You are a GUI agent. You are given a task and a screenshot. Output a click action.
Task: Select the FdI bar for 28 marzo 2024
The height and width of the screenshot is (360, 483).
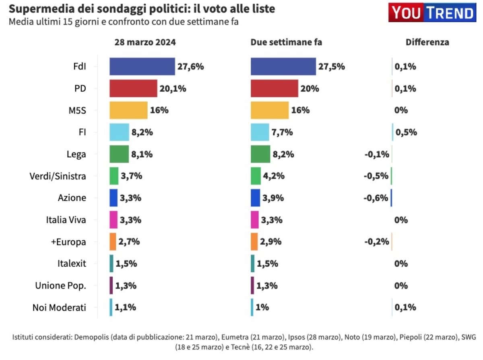pyautogui.click(x=142, y=66)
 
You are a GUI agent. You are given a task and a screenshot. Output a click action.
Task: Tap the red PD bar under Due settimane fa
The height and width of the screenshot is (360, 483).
pyautogui.click(x=274, y=88)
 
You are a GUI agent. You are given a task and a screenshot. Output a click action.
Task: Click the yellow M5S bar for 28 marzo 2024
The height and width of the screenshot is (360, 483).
pyautogui.click(x=128, y=110)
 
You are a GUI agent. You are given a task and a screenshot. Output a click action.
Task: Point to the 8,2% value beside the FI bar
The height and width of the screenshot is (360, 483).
pyautogui.click(x=142, y=132)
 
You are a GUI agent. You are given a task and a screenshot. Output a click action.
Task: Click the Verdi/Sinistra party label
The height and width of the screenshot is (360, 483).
pyautogui.click(x=58, y=176)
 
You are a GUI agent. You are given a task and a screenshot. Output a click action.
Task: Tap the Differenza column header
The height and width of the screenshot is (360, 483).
pyautogui.click(x=427, y=42)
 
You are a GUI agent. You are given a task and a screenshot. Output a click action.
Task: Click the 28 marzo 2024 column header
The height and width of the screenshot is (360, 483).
pyautogui.click(x=145, y=42)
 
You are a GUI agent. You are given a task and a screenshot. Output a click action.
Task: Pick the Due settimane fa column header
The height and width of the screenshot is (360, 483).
pyautogui.click(x=286, y=42)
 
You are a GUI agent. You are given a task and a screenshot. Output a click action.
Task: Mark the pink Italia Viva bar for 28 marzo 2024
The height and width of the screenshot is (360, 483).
pyautogui.click(x=114, y=220)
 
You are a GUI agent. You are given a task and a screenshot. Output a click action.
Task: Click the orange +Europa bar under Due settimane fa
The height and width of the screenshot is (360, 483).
pyautogui.click(x=254, y=242)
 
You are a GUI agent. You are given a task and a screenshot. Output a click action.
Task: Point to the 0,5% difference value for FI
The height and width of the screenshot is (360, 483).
pyautogui.click(x=406, y=132)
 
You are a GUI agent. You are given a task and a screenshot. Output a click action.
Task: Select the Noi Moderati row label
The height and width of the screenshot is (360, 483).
pyautogui.click(x=59, y=308)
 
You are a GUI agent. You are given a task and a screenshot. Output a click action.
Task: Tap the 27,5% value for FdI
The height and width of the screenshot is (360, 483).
pyautogui.click(x=332, y=66)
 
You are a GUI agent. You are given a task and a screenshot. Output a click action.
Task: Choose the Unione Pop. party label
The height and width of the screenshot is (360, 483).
pyautogui.click(x=61, y=286)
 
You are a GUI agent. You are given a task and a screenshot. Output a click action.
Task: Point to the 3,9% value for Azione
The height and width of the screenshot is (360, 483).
pyautogui.click(x=273, y=198)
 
